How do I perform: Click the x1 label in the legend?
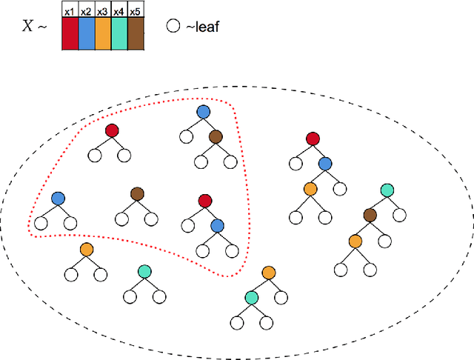pos(70,11)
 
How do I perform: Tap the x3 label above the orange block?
pos(103,11)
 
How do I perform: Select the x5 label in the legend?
pos(136,11)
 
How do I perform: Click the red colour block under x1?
pos(70,34)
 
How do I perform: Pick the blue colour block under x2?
pos(86,34)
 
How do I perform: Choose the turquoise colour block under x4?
pos(119,34)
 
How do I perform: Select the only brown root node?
pos(137,193)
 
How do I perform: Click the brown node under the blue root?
pos(216,137)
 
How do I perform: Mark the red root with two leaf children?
pos(112,130)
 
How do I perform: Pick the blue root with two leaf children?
pos(58,198)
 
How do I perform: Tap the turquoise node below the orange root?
pos(252,297)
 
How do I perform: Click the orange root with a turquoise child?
pos(267,274)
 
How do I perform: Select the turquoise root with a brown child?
pos(386,190)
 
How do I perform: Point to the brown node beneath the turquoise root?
pos(370,215)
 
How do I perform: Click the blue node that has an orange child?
pos(325,164)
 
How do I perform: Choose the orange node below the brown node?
pos(355,241)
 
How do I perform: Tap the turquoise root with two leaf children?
pos(144,271)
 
